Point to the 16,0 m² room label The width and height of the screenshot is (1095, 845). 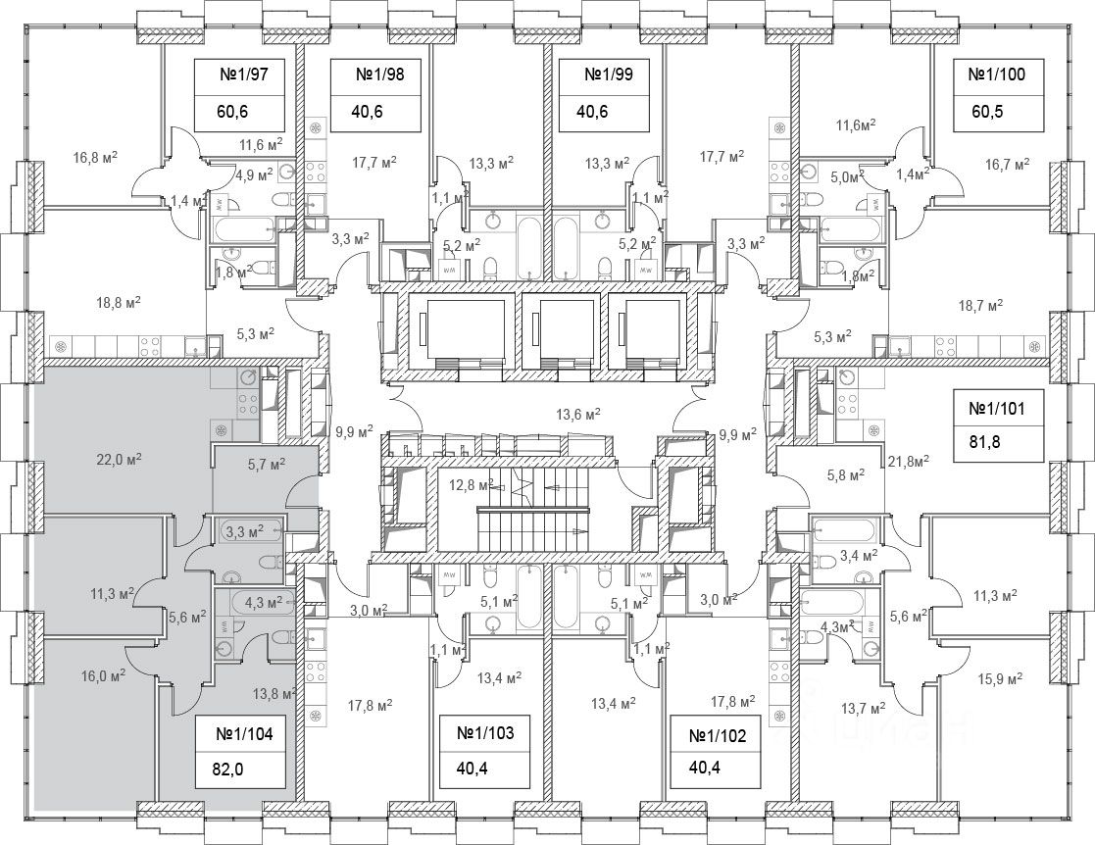point(101,675)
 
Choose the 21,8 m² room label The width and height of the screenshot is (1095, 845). point(907,458)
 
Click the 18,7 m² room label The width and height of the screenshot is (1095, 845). point(981,306)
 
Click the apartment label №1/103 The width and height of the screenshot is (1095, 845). point(486,731)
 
